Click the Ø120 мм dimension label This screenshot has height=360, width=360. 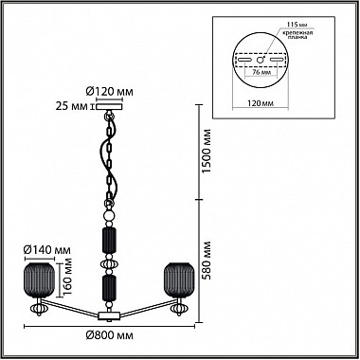coord(109,92)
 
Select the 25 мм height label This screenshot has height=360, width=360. coord(71,106)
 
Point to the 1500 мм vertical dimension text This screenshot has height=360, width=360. coord(207,151)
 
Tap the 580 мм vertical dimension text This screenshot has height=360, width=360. coord(207,261)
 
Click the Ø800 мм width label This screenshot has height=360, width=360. coord(109,335)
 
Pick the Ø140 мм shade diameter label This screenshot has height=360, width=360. coord(47,250)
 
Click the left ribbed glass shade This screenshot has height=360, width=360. coord(40,279)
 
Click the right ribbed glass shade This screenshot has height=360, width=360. coord(179,279)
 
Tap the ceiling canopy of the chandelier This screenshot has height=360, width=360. coord(109,106)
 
